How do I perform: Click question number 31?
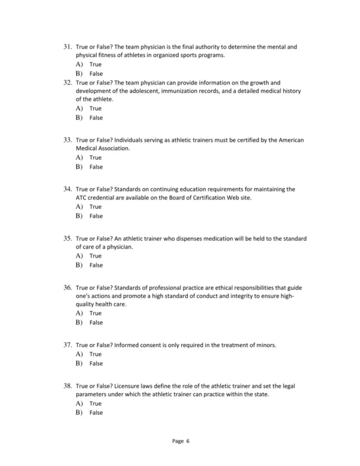coord(67,46)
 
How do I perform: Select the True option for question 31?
coord(95,64)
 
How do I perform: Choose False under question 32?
coord(96,118)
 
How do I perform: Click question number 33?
coord(67,139)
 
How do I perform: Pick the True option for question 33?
coord(95,157)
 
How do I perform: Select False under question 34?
coord(96,216)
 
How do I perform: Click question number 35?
coord(67,238)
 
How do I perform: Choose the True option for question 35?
coord(95,256)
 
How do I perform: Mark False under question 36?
coord(96,322)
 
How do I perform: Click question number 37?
coord(67,345)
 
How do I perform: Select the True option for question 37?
coord(95,354)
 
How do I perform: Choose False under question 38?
coord(96,413)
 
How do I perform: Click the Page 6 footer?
coord(181,441)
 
